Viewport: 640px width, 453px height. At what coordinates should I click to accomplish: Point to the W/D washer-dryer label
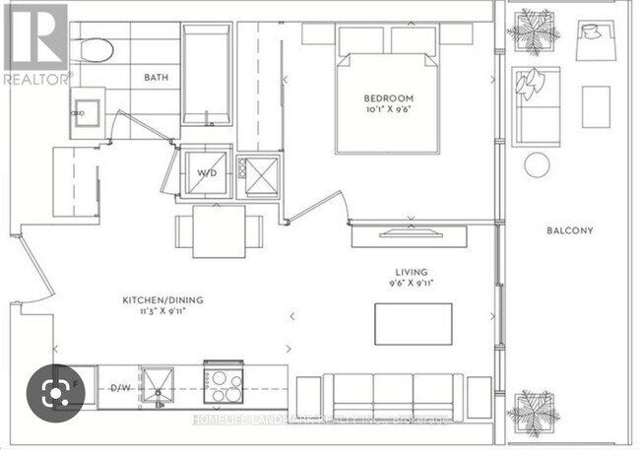tap(208, 173)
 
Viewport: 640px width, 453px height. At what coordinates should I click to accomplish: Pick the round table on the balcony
tap(538, 164)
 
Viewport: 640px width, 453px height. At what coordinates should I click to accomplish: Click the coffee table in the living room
tap(414, 324)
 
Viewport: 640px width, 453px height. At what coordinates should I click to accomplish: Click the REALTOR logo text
tap(35, 77)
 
